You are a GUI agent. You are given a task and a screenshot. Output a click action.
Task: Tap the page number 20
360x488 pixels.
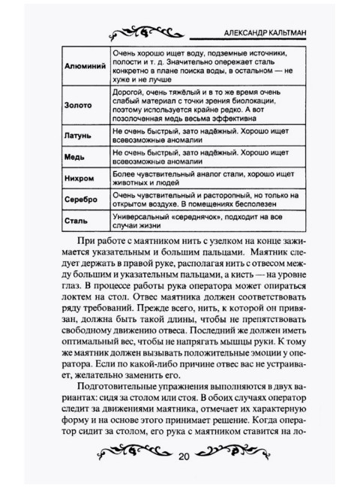[185, 456]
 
